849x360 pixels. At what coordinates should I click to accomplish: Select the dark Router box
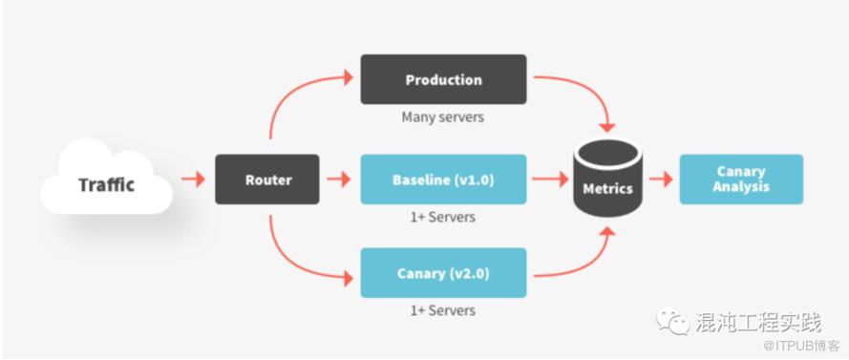pyautogui.click(x=267, y=180)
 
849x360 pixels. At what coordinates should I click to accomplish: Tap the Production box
pyautogui.click(x=443, y=79)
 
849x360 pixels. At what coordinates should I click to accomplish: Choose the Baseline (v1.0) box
pyautogui.click(x=443, y=180)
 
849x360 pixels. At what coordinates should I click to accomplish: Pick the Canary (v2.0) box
pyautogui.click(x=443, y=273)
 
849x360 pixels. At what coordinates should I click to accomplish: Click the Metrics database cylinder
pyautogui.click(x=607, y=179)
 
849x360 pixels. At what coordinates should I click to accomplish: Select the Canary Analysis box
pyautogui.click(x=741, y=180)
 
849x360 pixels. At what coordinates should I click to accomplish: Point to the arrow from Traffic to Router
pyautogui.click(x=193, y=180)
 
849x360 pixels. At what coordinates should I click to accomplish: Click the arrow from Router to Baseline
pyautogui.click(x=339, y=180)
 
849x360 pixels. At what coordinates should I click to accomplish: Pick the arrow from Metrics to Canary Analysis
pyautogui.click(x=661, y=180)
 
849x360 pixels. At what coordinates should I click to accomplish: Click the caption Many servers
pyautogui.click(x=443, y=116)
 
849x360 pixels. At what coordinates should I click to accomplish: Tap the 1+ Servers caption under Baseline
pyautogui.click(x=443, y=217)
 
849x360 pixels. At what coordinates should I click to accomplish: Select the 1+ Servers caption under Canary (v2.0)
pyautogui.click(x=443, y=310)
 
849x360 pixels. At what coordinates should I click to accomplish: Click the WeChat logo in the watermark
pyautogui.click(x=673, y=322)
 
